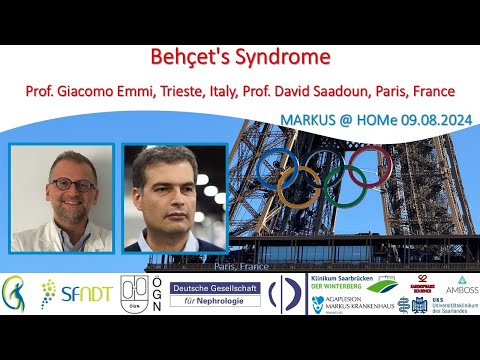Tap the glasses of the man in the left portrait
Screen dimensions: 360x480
click(x=71, y=185)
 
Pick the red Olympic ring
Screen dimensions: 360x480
click(x=371, y=165)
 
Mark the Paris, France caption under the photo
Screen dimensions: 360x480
click(x=239, y=267)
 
